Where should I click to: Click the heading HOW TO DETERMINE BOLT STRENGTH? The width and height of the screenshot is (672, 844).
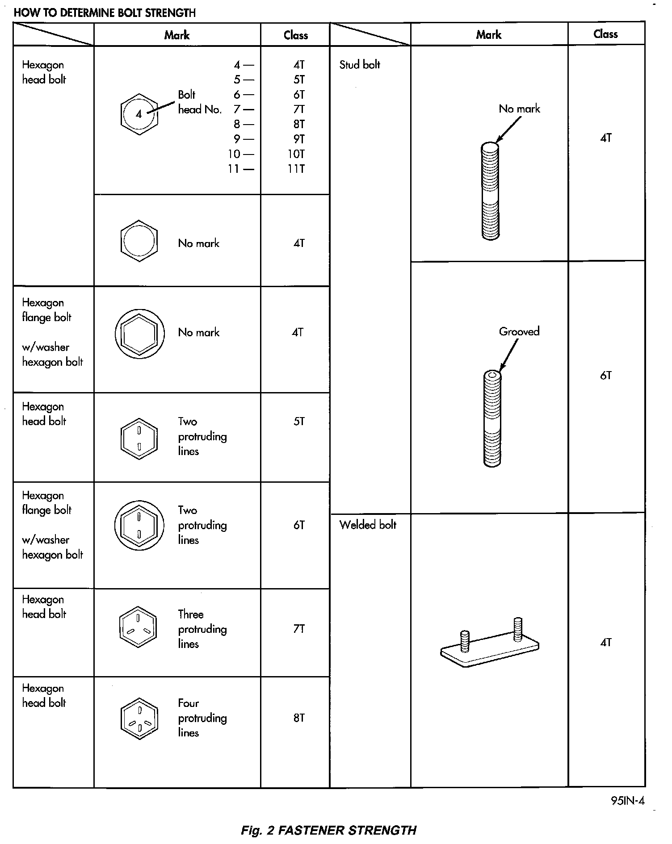[x=105, y=13]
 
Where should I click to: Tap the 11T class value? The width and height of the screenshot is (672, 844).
[x=296, y=169]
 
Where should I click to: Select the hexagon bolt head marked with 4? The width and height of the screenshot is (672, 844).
[x=139, y=114]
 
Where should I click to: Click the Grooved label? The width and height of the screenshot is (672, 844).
[x=519, y=331]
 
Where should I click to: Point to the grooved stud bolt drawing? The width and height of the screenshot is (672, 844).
[x=492, y=418]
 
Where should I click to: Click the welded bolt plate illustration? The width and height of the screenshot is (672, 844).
[x=490, y=644]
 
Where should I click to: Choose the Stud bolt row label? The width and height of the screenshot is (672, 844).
[x=360, y=65]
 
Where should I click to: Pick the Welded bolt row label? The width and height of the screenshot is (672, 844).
[x=368, y=525]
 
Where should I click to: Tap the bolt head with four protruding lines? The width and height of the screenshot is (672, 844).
[x=139, y=719]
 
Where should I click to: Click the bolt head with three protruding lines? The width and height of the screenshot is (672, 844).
[x=139, y=626]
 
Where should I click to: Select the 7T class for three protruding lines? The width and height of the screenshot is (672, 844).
[x=299, y=629]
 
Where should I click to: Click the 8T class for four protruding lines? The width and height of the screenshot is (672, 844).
[x=299, y=718]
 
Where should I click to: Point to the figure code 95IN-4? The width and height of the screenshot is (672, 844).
[x=627, y=801]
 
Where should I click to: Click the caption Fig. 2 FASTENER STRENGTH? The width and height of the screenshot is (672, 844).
[x=328, y=830]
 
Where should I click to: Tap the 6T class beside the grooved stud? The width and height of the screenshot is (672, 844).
[x=605, y=376]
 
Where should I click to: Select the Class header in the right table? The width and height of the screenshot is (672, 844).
[x=605, y=34]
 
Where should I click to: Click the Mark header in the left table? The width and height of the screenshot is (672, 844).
[x=177, y=35]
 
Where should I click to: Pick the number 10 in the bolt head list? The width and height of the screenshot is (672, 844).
[x=234, y=154]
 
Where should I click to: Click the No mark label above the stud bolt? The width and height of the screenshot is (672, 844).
[x=519, y=109]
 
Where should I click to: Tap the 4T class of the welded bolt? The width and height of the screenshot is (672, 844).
[x=605, y=643]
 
